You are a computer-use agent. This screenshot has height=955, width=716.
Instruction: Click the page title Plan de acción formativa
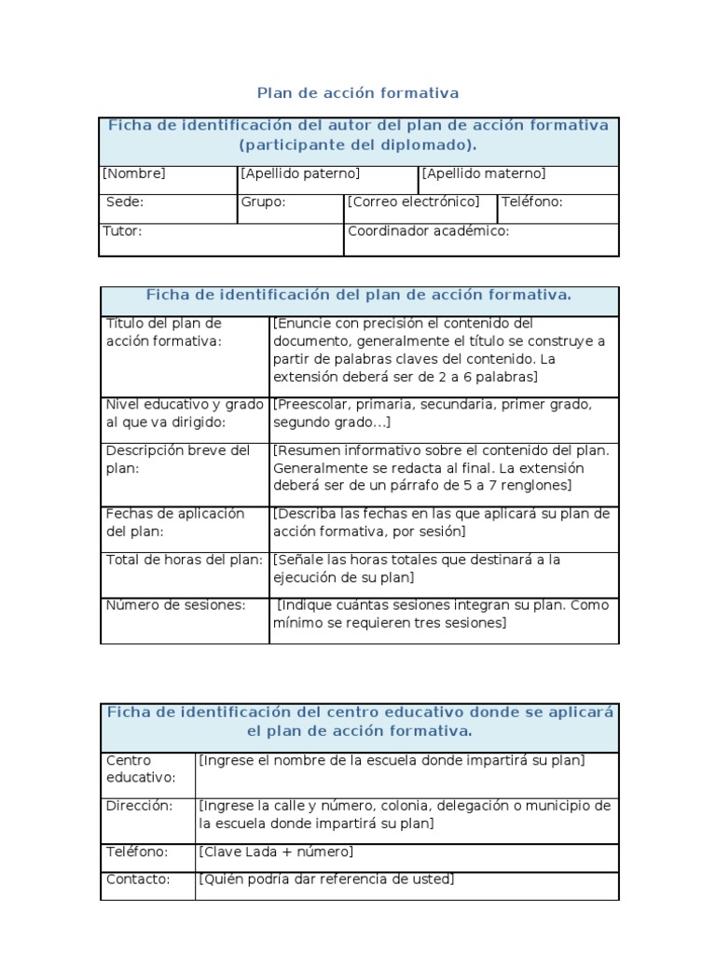[x=358, y=93]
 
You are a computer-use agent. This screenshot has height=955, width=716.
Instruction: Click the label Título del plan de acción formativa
[x=164, y=332]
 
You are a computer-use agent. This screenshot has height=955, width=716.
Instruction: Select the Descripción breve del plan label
[x=178, y=459]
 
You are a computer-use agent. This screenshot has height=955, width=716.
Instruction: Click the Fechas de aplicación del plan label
[x=175, y=522]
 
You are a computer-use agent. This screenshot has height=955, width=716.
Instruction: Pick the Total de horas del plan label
[x=183, y=560]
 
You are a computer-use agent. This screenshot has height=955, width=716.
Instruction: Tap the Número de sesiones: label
[x=175, y=604]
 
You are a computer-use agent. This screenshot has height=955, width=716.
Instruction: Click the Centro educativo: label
[x=141, y=768]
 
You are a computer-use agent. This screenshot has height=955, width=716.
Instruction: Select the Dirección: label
[x=140, y=806]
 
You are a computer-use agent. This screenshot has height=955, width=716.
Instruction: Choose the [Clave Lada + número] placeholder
[x=276, y=851]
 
